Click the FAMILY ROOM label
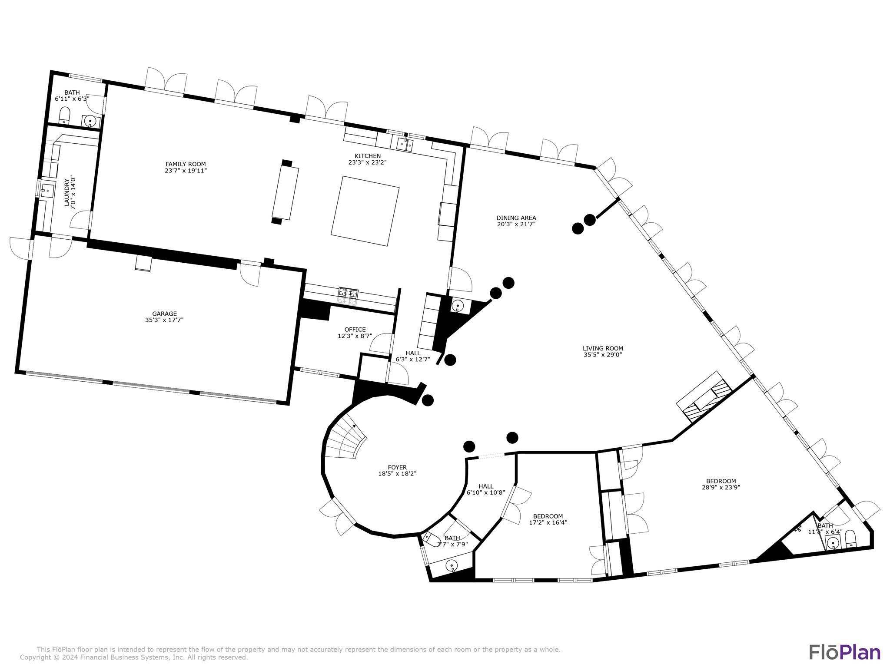point(186,164)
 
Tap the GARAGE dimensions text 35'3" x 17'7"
point(164,320)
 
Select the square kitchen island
point(365,211)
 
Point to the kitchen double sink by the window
point(405,144)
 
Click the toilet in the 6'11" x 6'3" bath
point(65,115)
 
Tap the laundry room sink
point(47,190)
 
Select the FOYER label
point(397,468)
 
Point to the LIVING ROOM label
point(603,348)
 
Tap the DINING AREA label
point(516,218)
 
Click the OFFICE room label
point(355,330)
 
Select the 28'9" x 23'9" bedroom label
point(721,481)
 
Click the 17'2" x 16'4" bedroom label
point(548,517)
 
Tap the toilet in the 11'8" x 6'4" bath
point(850,539)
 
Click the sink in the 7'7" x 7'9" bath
point(452,565)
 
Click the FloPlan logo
point(844,652)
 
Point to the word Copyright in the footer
point(35,657)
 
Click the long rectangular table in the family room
point(286,193)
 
